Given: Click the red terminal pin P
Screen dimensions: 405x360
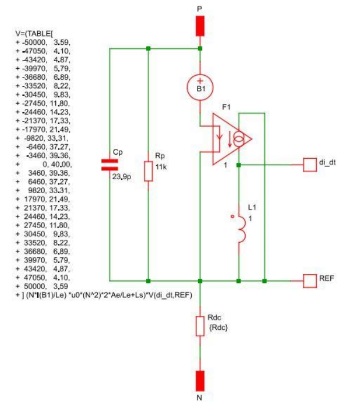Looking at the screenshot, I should coord(200,26).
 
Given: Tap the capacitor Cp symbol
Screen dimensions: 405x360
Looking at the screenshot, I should coord(110,165).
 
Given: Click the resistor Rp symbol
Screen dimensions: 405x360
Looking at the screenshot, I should coord(149,172).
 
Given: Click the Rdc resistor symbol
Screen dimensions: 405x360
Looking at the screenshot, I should coord(200,326).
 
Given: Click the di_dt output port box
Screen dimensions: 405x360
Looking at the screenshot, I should coord(309,165).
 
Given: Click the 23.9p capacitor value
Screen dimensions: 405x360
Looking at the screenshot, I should coord(121,175).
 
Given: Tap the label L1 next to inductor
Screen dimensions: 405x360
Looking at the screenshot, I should coord(252,207).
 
